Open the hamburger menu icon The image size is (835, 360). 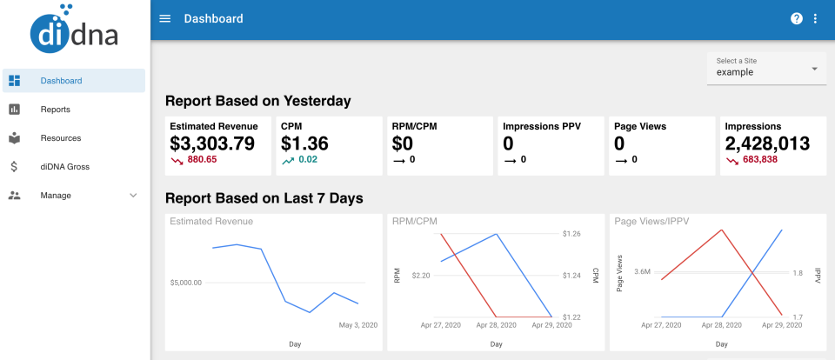165,19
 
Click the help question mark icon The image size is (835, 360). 796,19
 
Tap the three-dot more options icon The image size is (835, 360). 815,19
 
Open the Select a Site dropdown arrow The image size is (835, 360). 814,68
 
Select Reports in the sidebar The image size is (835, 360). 55,110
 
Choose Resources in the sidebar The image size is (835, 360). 60,138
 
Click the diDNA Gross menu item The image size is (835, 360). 64,167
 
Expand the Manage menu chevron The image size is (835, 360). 133,196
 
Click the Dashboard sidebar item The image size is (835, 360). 61,81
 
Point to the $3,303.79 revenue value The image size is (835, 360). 212,143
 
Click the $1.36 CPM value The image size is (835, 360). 304,143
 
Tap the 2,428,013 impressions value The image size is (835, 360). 767,143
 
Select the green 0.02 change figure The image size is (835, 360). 308,160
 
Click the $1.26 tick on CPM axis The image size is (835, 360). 571,233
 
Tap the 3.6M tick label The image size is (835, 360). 643,272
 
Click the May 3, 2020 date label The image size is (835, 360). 357,325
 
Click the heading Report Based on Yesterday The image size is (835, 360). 257,101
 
